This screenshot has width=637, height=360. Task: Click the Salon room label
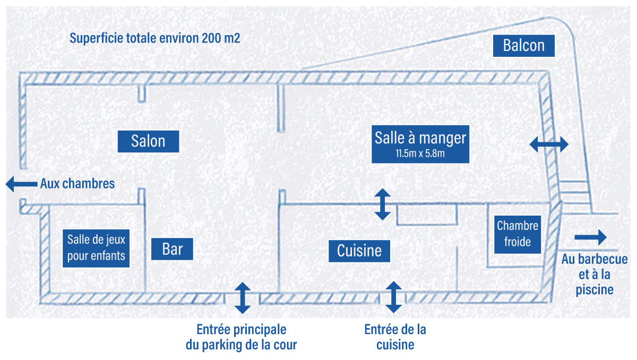pos(148,141)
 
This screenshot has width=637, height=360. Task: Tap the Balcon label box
pos(523,46)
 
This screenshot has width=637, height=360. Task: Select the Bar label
pos(172,249)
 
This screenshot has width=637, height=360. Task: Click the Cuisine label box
pos(359,251)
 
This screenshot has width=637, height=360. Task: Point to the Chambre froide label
pos(517,234)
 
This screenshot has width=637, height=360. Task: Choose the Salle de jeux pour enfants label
pos(96,248)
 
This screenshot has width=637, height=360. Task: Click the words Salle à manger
pos(420,138)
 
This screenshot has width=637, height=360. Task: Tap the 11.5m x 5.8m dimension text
pos(420,153)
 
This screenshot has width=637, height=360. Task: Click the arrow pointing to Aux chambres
pos(22,184)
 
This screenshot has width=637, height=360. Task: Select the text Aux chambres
pos(78,184)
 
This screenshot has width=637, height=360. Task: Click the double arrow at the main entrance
pos(243,298)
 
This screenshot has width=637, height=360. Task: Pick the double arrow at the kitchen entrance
pos(393,297)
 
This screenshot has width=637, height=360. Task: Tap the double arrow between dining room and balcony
pos(549,144)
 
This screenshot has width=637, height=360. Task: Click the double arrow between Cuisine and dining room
pos(383,204)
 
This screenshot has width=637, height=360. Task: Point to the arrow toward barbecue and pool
pos(590,237)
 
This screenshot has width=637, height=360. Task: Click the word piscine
pos(595,290)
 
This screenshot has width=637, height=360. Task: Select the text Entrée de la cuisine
pos(395,337)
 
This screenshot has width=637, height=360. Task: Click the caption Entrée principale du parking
pos(242,337)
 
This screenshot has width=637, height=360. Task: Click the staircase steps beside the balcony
pos(574,197)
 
